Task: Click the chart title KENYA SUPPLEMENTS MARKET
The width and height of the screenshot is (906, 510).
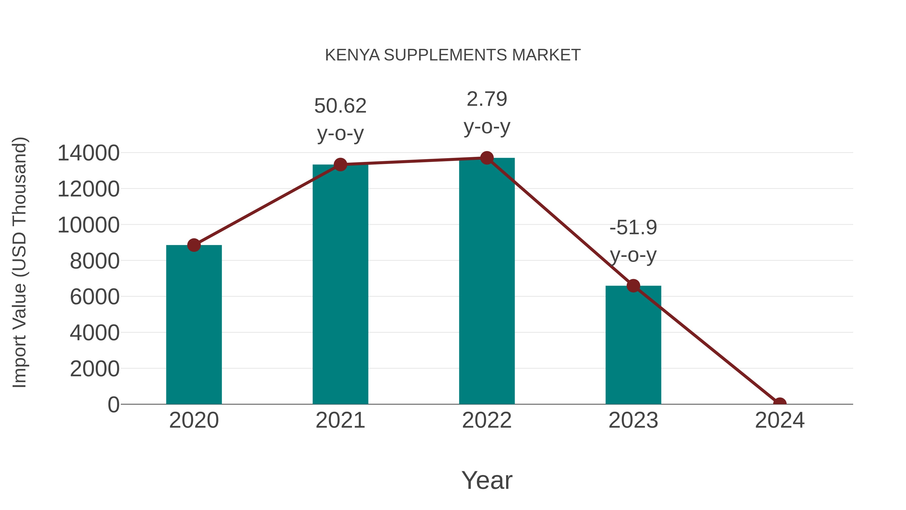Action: (x=453, y=55)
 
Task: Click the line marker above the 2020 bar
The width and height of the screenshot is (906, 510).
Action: (x=194, y=245)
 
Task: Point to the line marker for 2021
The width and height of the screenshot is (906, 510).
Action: (x=340, y=164)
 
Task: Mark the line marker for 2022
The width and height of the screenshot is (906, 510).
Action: (x=487, y=158)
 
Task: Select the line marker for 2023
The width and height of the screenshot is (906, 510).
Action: (x=633, y=286)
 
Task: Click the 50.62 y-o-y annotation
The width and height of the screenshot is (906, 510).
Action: (x=340, y=119)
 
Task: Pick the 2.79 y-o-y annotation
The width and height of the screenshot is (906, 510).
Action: (x=487, y=113)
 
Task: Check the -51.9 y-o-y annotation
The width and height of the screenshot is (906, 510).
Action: (x=633, y=241)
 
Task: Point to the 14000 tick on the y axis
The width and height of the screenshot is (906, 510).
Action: (x=88, y=153)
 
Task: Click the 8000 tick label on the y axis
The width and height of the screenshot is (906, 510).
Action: (x=95, y=261)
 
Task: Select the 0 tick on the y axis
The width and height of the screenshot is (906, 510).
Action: (x=114, y=404)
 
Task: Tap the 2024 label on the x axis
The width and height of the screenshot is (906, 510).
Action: (x=779, y=420)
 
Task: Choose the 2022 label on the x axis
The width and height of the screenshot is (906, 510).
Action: (x=487, y=420)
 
